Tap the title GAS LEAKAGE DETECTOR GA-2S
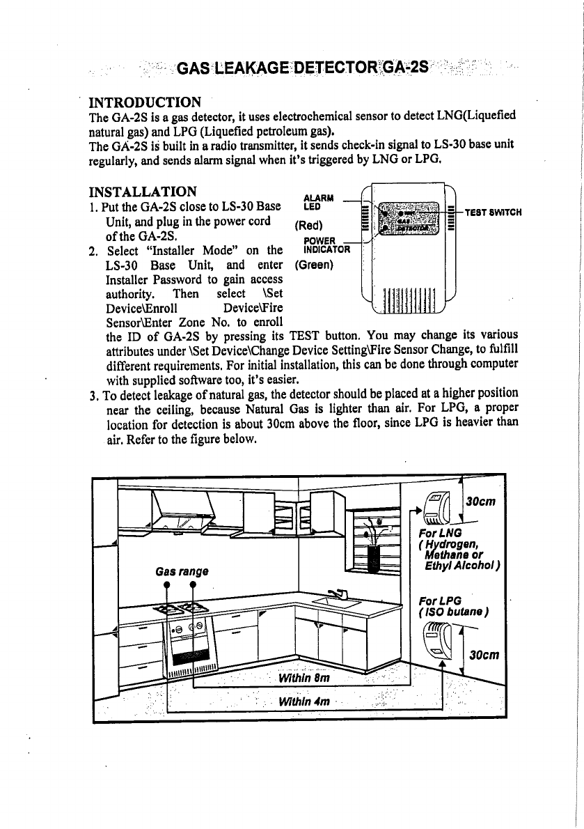pos(303,68)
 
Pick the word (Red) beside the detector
pos(307,225)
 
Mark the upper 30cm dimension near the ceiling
pos(480,502)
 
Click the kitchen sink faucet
pos(340,594)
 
